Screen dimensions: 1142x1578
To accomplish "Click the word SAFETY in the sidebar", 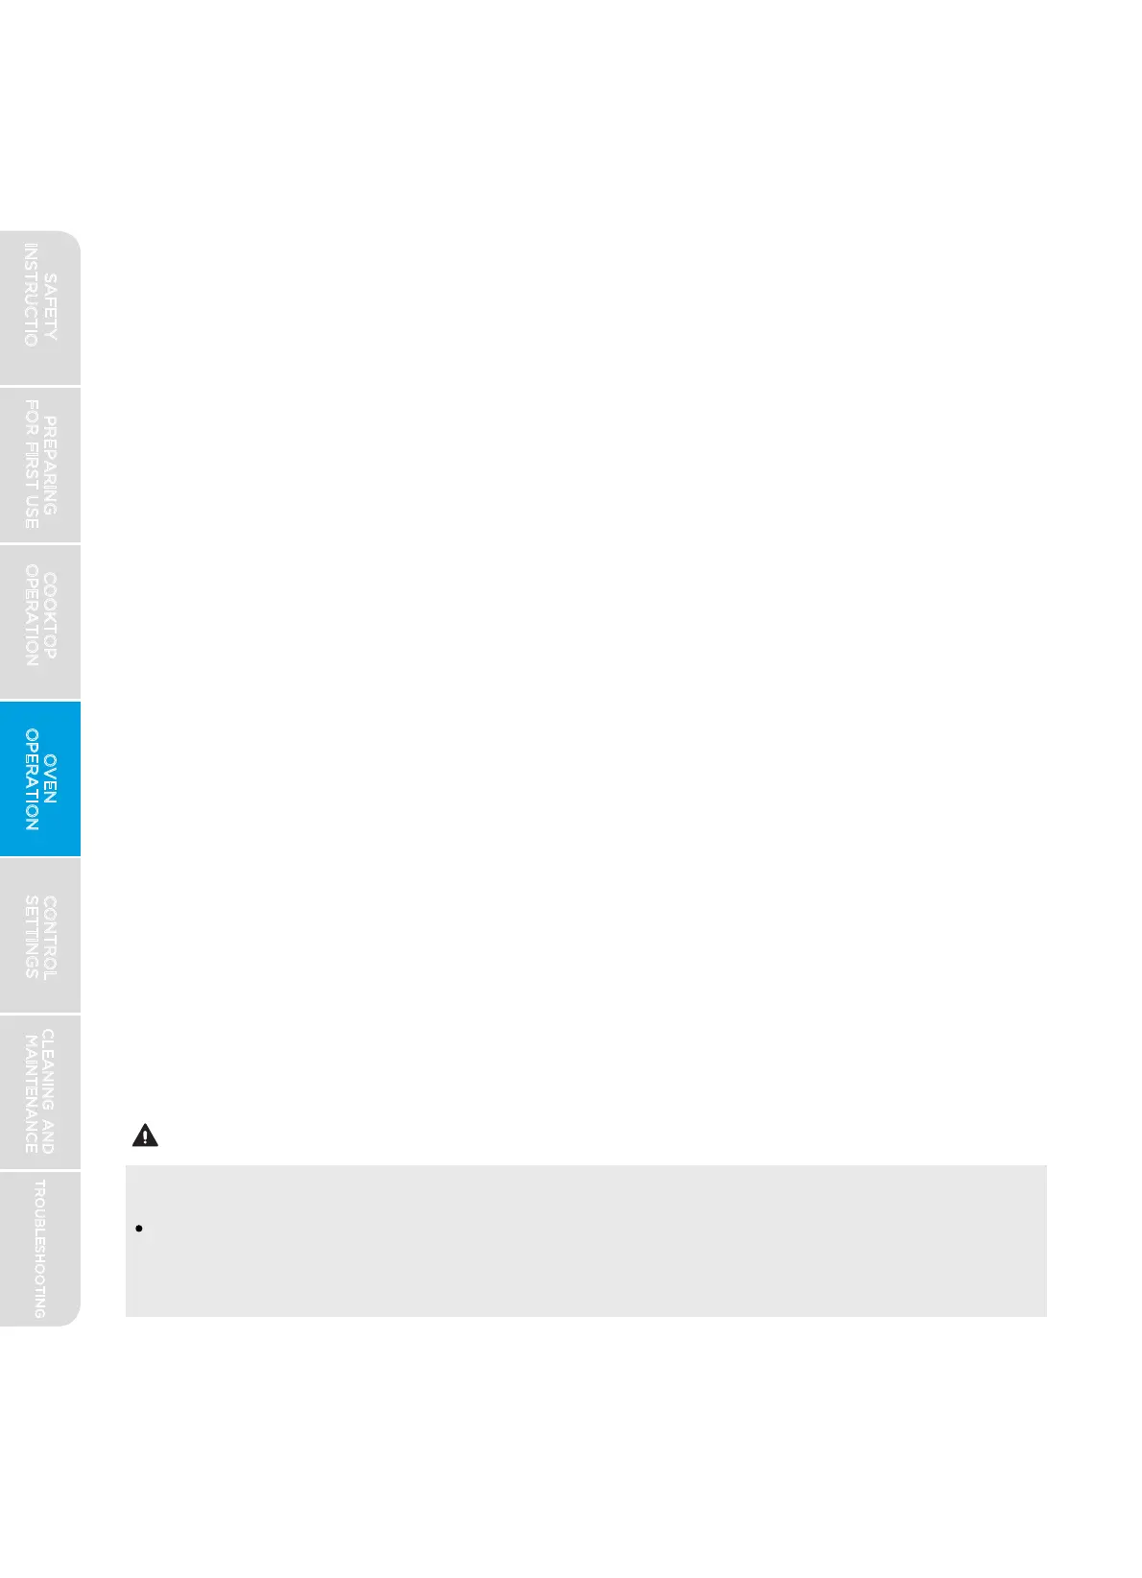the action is coord(50,306).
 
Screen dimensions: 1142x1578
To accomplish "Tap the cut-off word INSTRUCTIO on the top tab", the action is coord(31,296).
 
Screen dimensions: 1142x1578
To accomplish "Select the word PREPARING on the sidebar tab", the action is coord(50,466).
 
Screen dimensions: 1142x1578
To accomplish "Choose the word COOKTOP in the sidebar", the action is coord(50,616).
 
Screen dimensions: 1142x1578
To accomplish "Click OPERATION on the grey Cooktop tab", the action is coord(31,616).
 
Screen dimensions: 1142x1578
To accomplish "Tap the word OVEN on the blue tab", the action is coord(50,778).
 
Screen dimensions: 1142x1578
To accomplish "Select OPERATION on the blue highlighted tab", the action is coord(31,779).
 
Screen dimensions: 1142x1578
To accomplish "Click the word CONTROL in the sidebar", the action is coord(50,938).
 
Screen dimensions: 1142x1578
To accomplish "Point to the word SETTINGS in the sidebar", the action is coord(31,938).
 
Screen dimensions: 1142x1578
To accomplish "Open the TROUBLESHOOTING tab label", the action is coord(39,1249).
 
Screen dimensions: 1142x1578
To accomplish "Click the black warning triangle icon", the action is coord(144,1136).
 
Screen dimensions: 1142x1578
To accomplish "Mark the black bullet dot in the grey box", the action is coord(139,1228).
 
